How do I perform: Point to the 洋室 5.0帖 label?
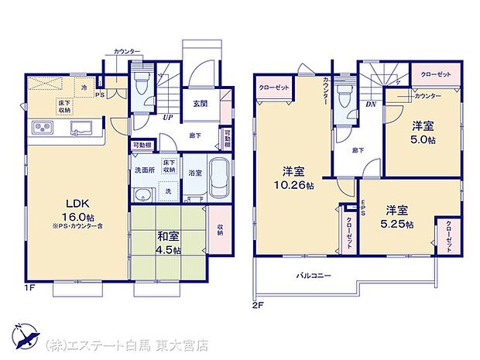423,132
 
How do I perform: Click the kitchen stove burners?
43,126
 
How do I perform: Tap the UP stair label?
167,118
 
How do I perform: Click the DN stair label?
370,104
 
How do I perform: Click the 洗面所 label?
143,170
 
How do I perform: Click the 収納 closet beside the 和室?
220,229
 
